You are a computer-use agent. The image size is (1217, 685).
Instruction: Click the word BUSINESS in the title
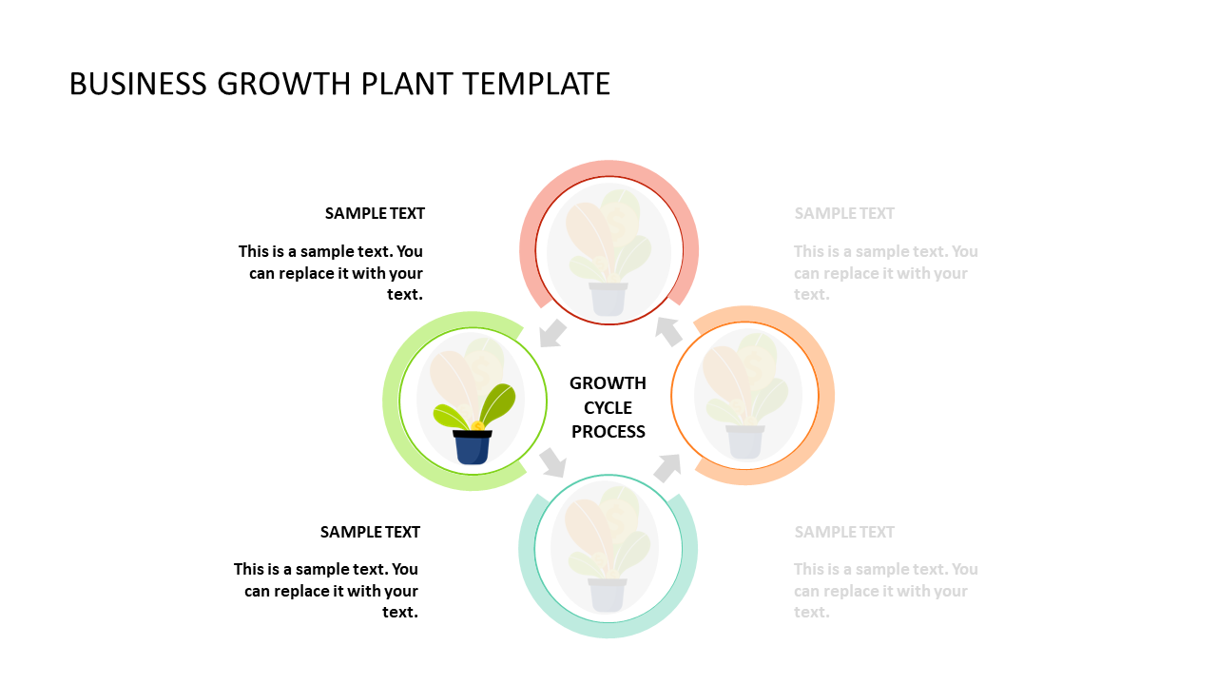(138, 84)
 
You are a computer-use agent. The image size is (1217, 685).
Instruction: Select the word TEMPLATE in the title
(537, 84)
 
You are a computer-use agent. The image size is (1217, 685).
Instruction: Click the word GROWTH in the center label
(608, 383)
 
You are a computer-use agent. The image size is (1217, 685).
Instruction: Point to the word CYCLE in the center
(608, 408)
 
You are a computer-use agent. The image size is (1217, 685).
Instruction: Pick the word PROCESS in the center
(608, 432)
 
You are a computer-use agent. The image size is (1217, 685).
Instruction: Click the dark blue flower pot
(473, 447)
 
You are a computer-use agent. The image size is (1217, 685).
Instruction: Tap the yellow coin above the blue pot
(477, 425)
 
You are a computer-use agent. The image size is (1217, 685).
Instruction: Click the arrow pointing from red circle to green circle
(552, 333)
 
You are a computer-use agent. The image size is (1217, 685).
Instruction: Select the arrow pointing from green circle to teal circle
(553, 462)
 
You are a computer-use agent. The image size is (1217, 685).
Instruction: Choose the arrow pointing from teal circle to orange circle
(667, 467)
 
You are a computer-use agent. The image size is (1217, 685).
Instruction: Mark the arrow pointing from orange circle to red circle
(668, 331)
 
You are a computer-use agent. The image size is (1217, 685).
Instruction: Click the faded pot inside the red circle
(608, 299)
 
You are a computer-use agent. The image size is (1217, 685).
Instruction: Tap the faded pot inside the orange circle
(745, 442)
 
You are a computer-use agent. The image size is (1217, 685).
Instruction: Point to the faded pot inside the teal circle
(608, 595)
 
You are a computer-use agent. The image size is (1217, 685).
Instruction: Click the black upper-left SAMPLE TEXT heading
(375, 214)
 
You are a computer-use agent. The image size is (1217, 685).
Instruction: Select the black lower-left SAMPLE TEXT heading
(370, 532)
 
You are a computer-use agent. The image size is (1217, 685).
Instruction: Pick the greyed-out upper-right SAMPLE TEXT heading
(844, 214)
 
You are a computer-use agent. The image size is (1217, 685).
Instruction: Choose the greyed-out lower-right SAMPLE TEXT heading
(844, 532)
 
